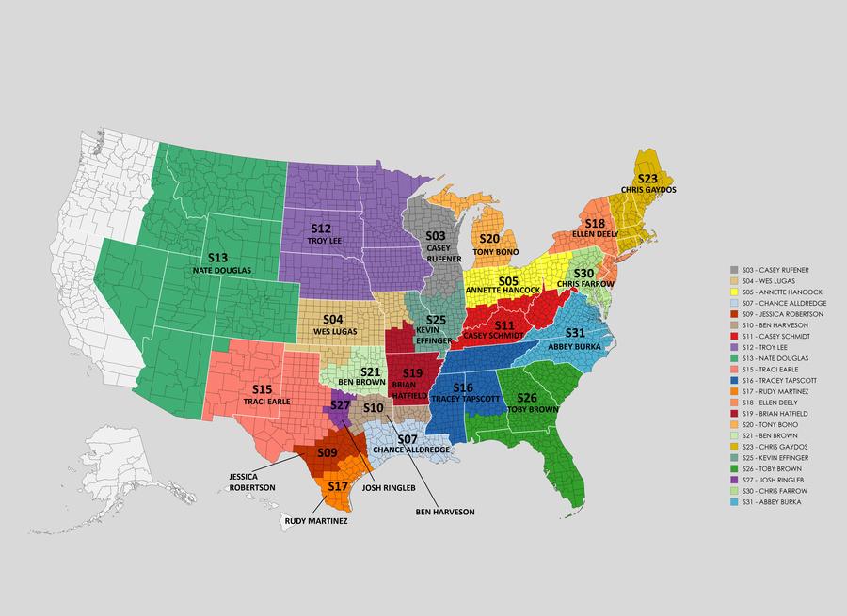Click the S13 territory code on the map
tap(217, 257)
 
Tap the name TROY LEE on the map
tap(322, 242)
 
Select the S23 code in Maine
tap(647, 178)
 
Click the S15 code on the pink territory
tap(263, 389)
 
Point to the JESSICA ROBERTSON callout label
tap(251, 482)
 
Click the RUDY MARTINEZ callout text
tap(316, 520)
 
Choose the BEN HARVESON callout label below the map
tap(445, 512)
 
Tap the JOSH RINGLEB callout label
tap(389, 488)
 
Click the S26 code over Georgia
tap(527, 398)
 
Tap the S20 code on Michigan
tap(489, 239)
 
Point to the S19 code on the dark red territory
tap(413, 373)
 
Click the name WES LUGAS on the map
tap(334, 332)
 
